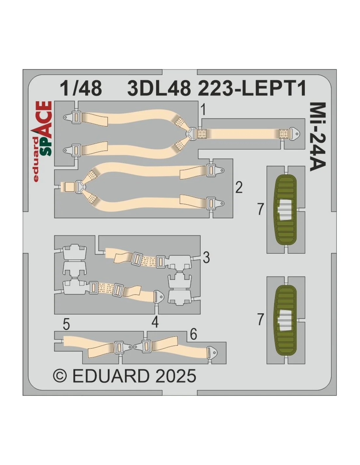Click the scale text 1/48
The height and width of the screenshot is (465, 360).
coord(81,89)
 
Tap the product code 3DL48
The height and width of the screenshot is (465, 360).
coord(159,89)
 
